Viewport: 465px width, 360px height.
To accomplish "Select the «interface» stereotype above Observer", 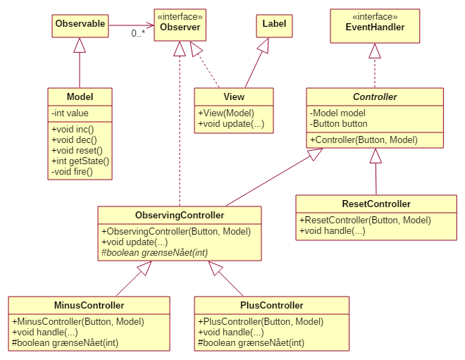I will [180, 15].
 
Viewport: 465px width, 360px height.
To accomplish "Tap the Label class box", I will [274, 24].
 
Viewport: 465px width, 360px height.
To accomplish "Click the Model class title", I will [80, 97].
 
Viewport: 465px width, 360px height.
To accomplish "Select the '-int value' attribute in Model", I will [70, 113].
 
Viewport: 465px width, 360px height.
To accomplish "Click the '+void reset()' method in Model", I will [77, 150].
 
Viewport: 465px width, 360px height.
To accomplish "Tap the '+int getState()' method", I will [80, 161].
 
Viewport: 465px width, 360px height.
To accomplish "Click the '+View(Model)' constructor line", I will [226, 113].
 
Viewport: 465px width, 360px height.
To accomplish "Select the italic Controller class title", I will [375, 97].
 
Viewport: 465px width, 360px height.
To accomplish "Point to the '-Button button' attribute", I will [339, 123].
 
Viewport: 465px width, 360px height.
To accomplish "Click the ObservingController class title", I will [180, 215].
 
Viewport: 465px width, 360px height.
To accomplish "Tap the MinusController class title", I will [89, 306].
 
